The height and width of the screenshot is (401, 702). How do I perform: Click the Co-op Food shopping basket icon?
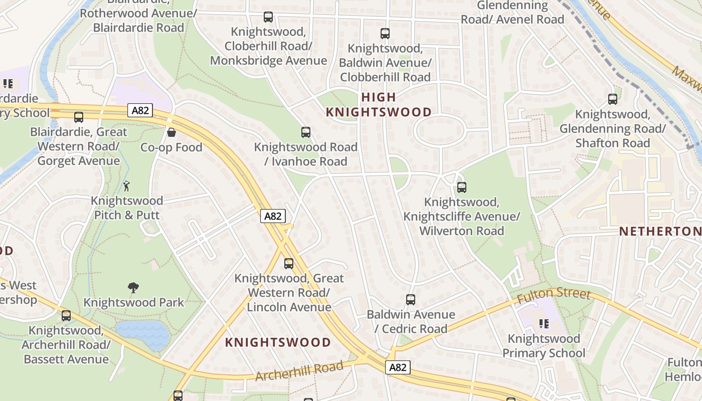coord(171,132)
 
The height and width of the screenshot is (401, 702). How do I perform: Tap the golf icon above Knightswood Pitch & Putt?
coord(126,186)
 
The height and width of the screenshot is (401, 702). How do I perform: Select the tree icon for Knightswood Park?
coord(133,288)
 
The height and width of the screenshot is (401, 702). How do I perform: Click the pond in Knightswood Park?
coord(143,334)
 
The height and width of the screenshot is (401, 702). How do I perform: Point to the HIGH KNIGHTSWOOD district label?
coord(379,104)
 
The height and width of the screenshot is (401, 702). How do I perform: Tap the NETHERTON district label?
coord(660,231)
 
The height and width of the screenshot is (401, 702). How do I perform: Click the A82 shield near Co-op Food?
coord(140,110)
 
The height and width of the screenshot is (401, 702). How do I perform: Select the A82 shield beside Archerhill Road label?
coord(398,367)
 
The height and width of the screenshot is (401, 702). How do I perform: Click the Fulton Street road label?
coord(554,294)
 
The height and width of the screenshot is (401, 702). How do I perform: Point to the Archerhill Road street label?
coord(299,371)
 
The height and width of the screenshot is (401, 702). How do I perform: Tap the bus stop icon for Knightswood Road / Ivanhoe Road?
coord(306,132)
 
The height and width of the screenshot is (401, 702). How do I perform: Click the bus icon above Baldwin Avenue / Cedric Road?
coord(411,300)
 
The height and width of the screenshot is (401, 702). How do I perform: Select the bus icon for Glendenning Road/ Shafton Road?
coord(613,99)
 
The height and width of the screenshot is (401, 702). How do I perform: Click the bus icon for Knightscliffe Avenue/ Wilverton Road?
coord(462,187)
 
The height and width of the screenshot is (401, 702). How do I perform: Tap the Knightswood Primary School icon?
coord(544,324)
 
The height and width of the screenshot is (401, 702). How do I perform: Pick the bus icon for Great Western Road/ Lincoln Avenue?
coord(289,264)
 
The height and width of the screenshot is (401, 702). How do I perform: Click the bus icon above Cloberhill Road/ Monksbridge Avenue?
coord(268,17)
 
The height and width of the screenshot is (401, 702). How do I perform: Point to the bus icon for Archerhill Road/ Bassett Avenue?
coord(66,316)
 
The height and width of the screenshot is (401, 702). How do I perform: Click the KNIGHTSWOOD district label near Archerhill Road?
coord(278,342)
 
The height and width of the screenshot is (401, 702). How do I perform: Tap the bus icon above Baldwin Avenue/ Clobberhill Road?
coord(385,34)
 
